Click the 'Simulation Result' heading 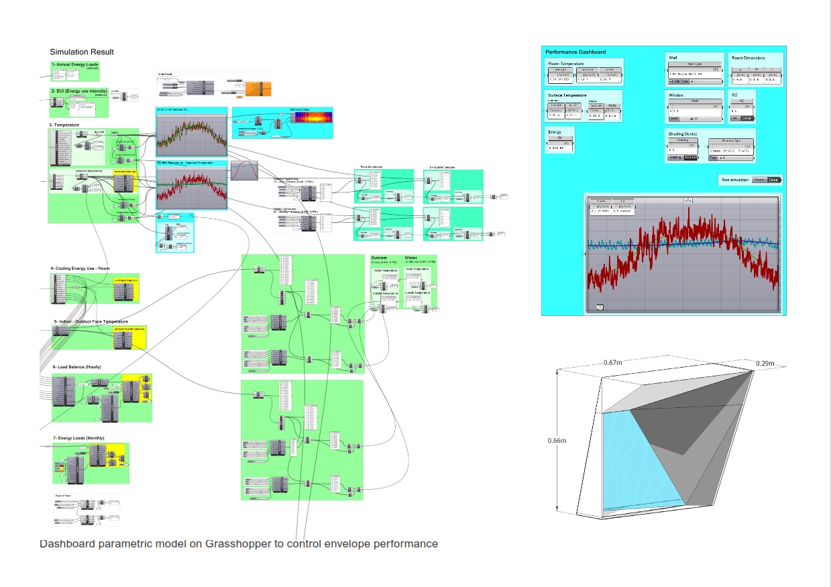click(82, 52)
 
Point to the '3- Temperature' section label click(64, 125)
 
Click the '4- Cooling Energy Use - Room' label click(81, 269)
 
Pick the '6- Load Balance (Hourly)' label click(77, 367)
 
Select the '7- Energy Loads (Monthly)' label click(79, 438)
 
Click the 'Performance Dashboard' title click(575, 52)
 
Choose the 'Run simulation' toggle click(765, 180)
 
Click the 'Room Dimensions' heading click(749, 58)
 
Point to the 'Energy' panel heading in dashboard click(555, 131)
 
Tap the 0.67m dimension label click(612, 363)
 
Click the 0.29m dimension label click(764, 364)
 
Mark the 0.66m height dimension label click(557, 441)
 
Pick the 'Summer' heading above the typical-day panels click(379, 258)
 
